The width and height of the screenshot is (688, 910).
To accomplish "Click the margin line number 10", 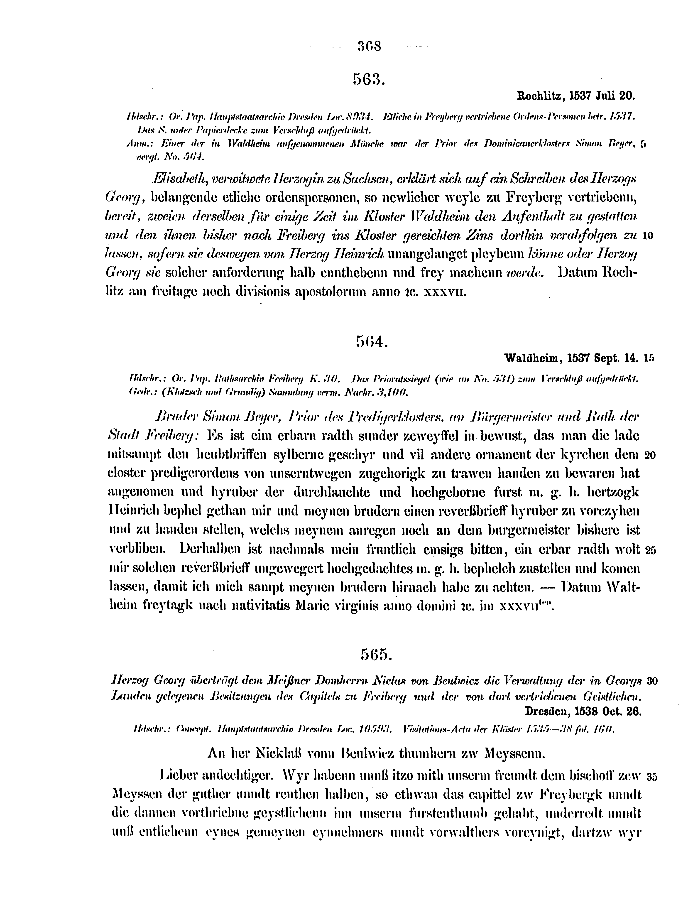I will tap(647, 236).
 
